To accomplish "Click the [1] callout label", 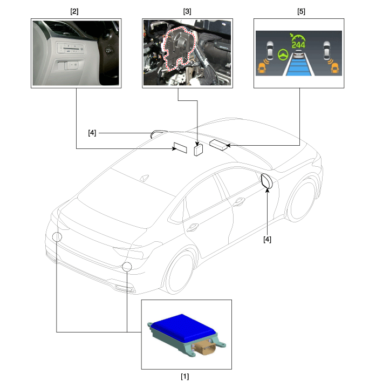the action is click(185, 376).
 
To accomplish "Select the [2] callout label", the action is click(74, 11).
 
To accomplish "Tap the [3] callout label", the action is click(187, 11).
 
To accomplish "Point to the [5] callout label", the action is click(301, 11).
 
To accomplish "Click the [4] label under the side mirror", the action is click(267, 239).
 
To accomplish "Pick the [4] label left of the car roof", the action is click(92, 133).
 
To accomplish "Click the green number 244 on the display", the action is click(298, 45).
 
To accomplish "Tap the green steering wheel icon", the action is click(283, 55).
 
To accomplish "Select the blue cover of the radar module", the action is click(182, 326).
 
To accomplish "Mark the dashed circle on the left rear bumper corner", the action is click(57, 237).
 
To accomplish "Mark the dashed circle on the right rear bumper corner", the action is click(127, 267).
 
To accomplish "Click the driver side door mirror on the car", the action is click(266, 181).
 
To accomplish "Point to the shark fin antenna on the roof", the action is click(145, 178).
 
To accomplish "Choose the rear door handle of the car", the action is click(193, 227).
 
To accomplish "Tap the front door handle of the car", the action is click(238, 202).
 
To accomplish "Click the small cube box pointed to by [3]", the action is click(199, 150).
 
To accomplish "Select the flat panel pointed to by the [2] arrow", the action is click(180, 147).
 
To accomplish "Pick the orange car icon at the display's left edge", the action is click(262, 68).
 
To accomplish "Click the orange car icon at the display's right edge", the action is click(334, 68).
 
